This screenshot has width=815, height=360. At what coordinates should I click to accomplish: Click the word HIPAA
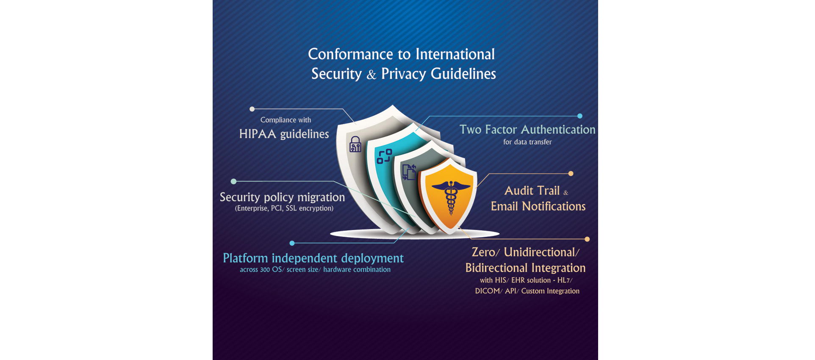258,134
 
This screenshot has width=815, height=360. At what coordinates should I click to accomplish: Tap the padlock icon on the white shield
355,144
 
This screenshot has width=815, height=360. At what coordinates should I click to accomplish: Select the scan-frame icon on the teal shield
384,156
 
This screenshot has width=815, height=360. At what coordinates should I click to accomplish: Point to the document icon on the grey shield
409,172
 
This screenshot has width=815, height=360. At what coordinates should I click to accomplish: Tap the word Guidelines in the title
463,74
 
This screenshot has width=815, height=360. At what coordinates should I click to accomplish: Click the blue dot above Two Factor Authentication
580,116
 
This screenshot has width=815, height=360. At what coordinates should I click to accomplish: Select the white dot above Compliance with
252,109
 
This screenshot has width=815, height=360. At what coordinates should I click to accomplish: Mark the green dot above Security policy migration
233,181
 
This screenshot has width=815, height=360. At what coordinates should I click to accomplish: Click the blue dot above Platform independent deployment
292,243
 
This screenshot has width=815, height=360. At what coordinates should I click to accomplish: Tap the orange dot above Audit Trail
571,173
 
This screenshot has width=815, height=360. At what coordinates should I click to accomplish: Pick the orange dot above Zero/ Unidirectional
587,239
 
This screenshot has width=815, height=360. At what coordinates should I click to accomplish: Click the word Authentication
558,130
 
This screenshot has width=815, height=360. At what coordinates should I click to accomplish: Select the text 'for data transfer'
527,142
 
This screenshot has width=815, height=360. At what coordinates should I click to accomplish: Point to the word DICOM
488,291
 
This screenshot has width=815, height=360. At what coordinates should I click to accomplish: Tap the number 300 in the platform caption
265,270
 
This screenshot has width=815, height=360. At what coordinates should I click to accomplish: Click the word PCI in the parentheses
277,208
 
